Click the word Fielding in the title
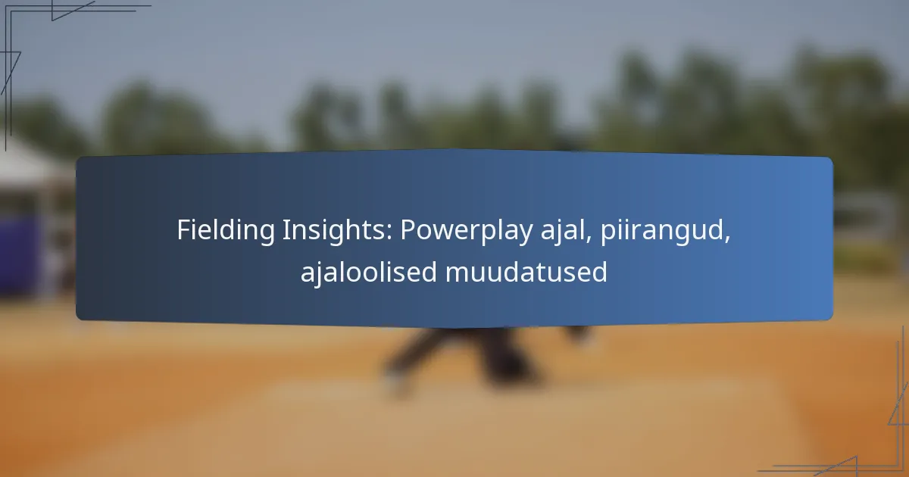[x=226, y=229]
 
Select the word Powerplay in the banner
[x=467, y=230]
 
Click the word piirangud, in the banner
[x=665, y=230]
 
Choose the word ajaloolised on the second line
[x=368, y=272]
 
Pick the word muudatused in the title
[x=526, y=272]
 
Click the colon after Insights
[x=389, y=234]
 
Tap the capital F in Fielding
[x=185, y=230]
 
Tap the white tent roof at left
[x=29, y=163]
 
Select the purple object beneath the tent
[x=20, y=256]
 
